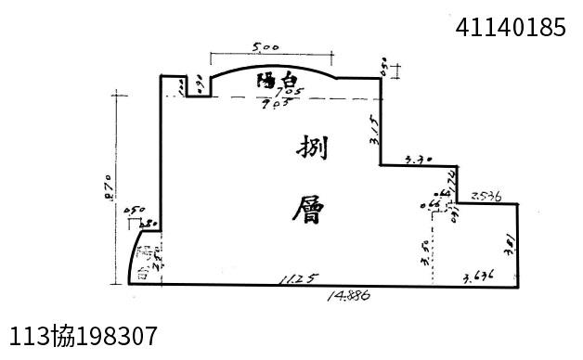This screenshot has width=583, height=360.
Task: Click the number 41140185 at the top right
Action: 511,28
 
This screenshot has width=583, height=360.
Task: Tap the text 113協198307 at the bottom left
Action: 83,335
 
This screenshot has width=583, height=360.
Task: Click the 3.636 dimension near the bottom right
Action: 477,276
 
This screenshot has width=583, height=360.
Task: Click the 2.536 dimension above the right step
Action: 486,196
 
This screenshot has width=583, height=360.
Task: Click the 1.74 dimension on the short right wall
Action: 452,177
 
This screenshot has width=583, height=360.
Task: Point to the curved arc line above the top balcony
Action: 274,65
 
